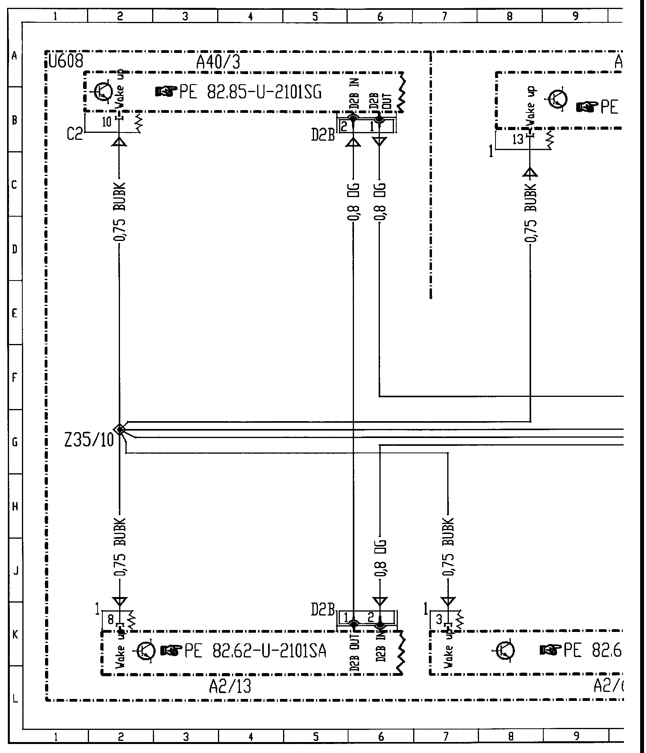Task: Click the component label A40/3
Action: coord(218,62)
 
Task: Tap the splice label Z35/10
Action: coord(89,441)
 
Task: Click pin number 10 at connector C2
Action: coord(107,122)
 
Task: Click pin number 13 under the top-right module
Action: coord(518,139)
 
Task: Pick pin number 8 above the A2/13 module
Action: coord(111,619)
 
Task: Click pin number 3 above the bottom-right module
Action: coord(439,619)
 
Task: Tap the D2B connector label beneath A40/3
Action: coord(323,135)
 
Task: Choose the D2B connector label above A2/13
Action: coord(323,609)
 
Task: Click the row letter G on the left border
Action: coord(15,442)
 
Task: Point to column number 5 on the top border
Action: coord(315,16)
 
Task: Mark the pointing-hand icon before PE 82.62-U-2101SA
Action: coord(171,651)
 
